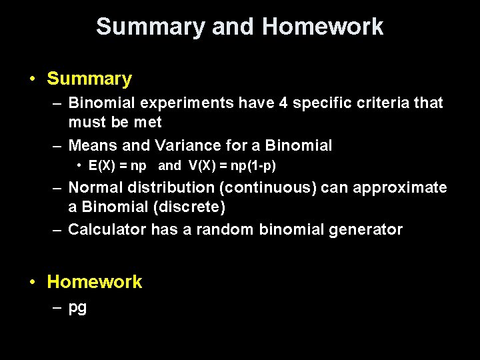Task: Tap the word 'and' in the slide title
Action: (x=233, y=27)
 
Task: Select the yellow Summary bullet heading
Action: (x=89, y=79)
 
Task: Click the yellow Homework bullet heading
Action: (x=95, y=282)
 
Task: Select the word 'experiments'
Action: (x=189, y=103)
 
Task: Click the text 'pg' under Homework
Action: (x=77, y=309)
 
